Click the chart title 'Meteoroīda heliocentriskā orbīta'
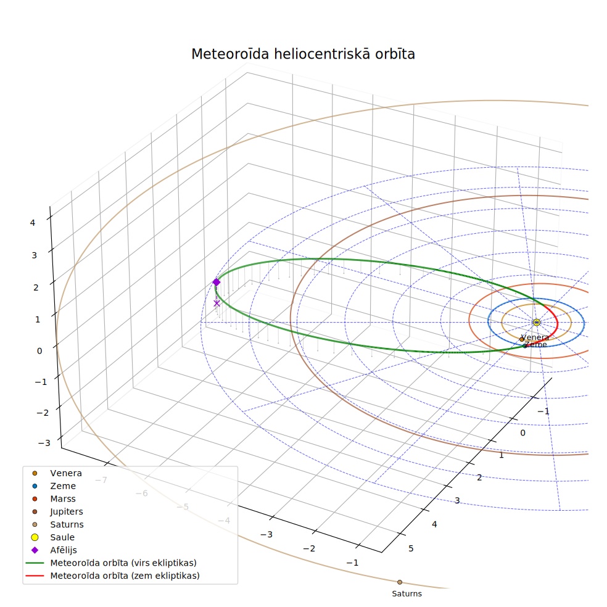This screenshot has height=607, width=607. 303,54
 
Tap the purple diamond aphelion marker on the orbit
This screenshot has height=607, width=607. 217,282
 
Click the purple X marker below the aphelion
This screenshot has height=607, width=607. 217,303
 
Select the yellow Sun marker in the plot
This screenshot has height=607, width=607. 537,322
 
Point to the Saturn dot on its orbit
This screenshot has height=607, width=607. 400,582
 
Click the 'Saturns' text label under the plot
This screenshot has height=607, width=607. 407,594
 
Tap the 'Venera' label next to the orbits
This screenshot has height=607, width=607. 535,337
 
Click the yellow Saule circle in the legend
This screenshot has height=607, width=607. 35,537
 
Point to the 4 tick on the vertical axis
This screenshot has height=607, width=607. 33,223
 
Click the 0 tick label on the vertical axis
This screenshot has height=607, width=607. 39,351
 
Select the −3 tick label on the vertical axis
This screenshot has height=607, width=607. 44,443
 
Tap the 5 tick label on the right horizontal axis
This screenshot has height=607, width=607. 411,548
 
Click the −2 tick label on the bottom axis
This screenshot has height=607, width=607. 309,548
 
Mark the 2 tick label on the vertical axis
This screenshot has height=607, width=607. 36,287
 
